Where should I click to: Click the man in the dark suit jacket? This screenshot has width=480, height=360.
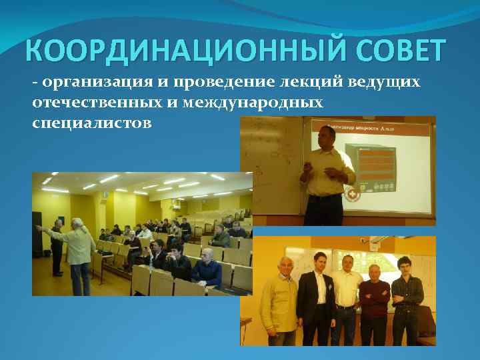pyautogui.click(x=315, y=297)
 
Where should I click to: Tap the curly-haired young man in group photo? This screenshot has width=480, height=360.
pyautogui.click(x=407, y=297)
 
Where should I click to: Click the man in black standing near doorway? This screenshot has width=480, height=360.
pyautogui.click(x=57, y=247)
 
